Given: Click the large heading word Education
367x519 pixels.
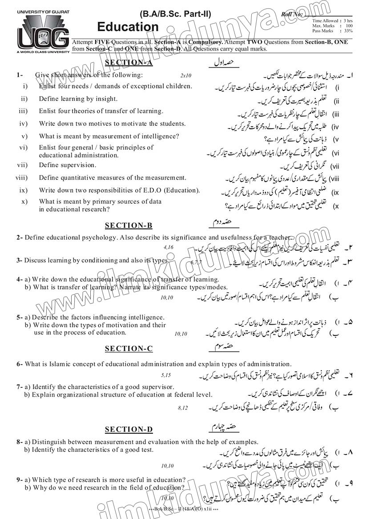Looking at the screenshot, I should pos(128,27).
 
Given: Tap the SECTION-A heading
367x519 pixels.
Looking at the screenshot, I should pos(129,63).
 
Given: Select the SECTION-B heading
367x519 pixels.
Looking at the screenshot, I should pos(129,225).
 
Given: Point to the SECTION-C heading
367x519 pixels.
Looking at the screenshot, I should pos(129,349).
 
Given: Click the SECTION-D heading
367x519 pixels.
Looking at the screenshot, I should pos(129,429).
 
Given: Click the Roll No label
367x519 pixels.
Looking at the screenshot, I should pos(292,14).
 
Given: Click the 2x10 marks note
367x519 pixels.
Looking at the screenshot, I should pos(186,76).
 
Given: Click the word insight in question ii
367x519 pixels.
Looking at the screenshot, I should pos(107,99).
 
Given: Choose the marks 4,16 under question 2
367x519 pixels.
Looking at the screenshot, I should pos(168,246).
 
